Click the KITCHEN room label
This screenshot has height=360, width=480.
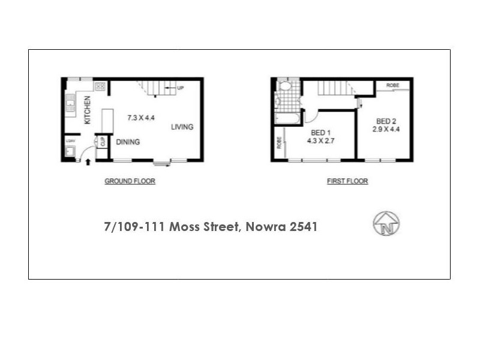88,110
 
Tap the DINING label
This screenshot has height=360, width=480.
128,142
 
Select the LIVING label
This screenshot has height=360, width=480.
182,127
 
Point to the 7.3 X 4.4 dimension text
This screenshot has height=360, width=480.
141,118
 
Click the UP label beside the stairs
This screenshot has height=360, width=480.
179,89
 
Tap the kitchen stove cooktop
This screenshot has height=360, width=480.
100,86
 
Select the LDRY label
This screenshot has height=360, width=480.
70,142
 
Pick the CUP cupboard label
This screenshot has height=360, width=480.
103,142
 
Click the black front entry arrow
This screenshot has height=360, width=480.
89,161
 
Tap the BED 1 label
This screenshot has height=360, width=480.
321,133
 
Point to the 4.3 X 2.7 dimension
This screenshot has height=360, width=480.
321,142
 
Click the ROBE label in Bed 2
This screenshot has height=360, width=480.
393,85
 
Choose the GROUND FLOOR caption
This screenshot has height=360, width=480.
130,181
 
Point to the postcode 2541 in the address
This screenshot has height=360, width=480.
302,227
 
